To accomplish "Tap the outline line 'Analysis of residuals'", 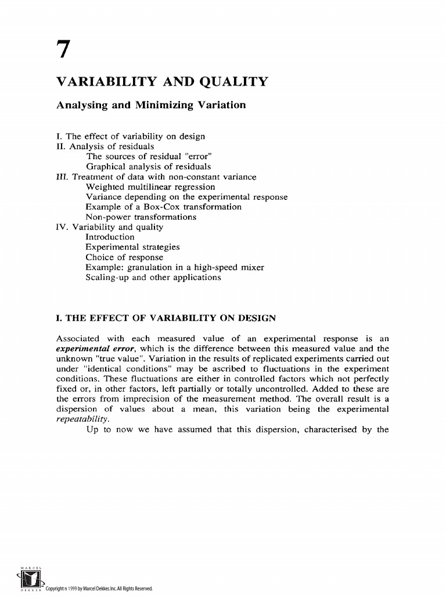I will click(x=111, y=146).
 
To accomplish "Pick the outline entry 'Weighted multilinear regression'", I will click(x=150, y=187).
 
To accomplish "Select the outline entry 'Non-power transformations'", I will click(x=141, y=217).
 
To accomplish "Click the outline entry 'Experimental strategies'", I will click(x=133, y=247).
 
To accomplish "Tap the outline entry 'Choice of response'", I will click(x=124, y=257).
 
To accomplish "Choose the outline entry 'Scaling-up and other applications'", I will click(x=153, y=277).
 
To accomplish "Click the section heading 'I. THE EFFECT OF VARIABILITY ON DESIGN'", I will click(x=166, y=318).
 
